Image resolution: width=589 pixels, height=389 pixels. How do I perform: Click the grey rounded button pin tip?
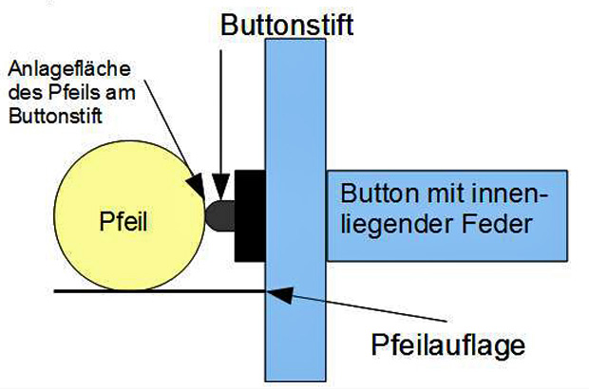click(x=219, y=214)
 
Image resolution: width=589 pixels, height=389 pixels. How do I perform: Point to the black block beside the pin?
click(x=252, y=214)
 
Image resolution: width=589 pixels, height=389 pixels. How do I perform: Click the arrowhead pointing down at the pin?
click(x=221, y=188)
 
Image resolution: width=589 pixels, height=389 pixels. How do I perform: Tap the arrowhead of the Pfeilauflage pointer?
click(x=276, y=294)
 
